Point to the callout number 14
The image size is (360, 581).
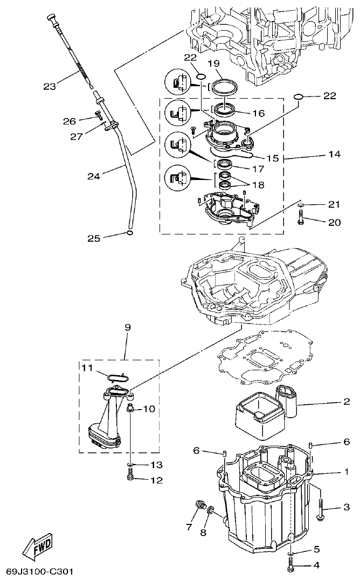click(334, 154)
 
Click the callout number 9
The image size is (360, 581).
click(127, 327)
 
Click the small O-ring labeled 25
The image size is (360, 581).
click(129, 233)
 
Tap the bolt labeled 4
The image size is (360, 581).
click(291, 564)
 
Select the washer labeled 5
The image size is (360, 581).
click(291, 552)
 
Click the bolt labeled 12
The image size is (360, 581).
click(130, 476)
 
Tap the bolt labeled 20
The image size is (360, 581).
click(301, 219)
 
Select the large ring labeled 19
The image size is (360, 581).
click(224, 86)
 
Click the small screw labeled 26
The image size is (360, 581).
click(98, 114)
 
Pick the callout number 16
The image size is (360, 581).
click(258, 114)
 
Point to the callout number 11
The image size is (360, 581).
click(87, 368)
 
